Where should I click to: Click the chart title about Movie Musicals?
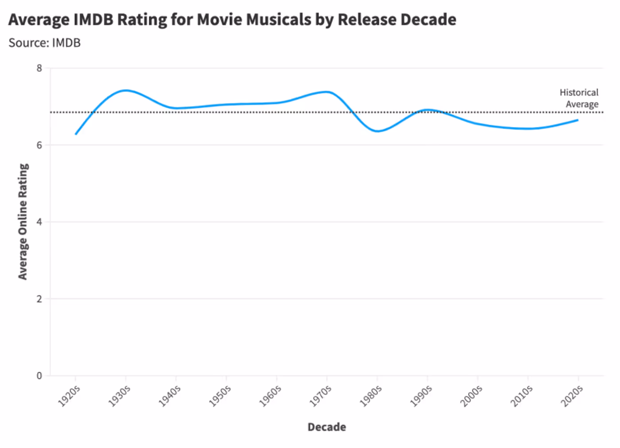(x=232, y=20)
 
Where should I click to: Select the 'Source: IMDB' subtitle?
(x=44, y=43)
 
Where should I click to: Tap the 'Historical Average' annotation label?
(x=579, y=98)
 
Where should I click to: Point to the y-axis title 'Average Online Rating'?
(x=23, y=221)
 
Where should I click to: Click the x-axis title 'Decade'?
(x=327, y=427)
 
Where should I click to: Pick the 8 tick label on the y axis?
(x=39, y=68)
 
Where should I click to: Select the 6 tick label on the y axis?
(x=39, y=145)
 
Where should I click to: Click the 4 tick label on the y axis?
(x=39, y=222)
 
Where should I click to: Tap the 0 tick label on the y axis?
(x=39, y=376)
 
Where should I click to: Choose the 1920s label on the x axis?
(x=69, y=396)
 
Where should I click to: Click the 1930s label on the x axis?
(x=120, y=396)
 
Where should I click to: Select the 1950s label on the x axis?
(x=220, y=396)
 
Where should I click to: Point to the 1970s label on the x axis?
(x=321, y=396)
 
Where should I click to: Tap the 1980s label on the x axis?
(x=371, y=396)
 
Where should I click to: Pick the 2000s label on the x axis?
(x=471, y=396)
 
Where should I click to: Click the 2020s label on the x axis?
(x=572, y=396)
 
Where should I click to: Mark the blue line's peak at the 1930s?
(x=126, y=90)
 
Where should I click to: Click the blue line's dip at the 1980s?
(x=377, y=131)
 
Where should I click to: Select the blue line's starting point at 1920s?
(x=76, y=134)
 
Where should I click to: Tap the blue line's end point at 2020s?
(x=577, y=120)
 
